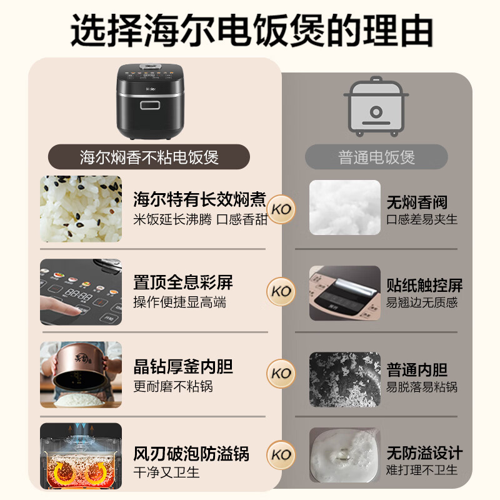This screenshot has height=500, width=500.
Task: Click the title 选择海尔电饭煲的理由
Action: pyautogui.click(x=251, y=31)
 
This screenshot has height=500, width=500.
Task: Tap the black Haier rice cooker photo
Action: pyautogui.click(x=150, y=102)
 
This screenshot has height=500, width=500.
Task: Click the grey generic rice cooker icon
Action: pyautogui.click(x=376, y=107)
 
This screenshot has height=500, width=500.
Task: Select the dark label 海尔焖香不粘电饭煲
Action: pyautogui.click(x=149, y=157)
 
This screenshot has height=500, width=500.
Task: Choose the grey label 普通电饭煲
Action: pyautogui.click(x=376, y=157)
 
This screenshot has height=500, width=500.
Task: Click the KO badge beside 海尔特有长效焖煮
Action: pyautogui.click(x=281, y=209)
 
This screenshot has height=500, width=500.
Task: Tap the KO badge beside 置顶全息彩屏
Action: pyautogui.click(x=281, y=291)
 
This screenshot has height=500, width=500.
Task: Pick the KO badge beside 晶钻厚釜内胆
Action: pyautogui.click(x=281, y=373)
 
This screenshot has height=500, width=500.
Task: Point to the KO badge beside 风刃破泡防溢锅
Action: pyautogui.click(x=281, y=455)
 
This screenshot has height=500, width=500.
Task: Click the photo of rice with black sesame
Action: pyautogui.click(x=81, y=209)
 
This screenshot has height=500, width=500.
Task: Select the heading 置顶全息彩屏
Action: pyautogui.click(x=183, y=282)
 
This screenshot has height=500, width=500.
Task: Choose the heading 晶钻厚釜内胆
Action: pyautogui.click(x=183, y=367)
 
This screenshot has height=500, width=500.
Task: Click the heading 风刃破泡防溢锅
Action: pyautogui.click(x=191, y=454)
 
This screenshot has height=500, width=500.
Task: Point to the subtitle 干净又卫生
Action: pyautogui.click(x=166, y=472)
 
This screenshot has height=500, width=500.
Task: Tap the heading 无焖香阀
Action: pyautogui.click(x=417, y=202)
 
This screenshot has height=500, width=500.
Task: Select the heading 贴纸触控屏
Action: pyautogui.click(x=424, y=285)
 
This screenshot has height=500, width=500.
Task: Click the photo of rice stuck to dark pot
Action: pyautogui.click(x=345, y=379)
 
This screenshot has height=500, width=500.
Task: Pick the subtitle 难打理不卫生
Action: pyautogui.click(x=422, y=470)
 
